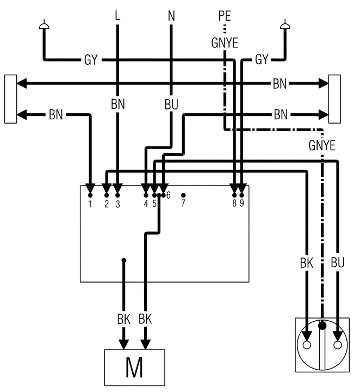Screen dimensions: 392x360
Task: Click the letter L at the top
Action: pos(117,15)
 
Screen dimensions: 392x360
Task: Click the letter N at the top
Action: pos(171,15)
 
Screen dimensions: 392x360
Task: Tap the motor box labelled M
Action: pos(134,367)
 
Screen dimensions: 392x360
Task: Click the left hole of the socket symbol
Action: pos(307,345)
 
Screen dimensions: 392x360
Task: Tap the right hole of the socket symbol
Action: pos(338,345)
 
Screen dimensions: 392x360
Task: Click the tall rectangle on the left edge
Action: pos(10,99)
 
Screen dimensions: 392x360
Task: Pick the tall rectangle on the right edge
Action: pos(334,99)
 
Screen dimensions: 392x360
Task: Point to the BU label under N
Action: pos(171,104)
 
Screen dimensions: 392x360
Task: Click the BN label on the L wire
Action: pos(117,104)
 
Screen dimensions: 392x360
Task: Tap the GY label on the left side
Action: pos(91,59)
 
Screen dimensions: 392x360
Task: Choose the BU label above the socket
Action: pos(338,262)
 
